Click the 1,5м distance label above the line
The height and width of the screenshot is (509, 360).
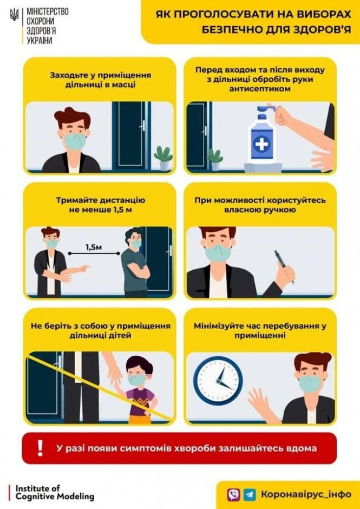pos(93,247)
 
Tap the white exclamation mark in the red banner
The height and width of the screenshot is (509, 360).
pos(38,448)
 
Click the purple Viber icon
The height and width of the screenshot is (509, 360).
pos(234,494)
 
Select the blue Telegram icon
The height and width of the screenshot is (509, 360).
pos(250,494)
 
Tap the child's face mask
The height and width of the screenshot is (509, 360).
pos(138,380)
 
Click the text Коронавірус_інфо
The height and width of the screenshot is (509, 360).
pos(306,494)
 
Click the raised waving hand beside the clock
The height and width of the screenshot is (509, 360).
pos(258,400)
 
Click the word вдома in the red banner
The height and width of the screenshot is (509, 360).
pos(301,448)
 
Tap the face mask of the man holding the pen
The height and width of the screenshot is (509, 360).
pos(218,253)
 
